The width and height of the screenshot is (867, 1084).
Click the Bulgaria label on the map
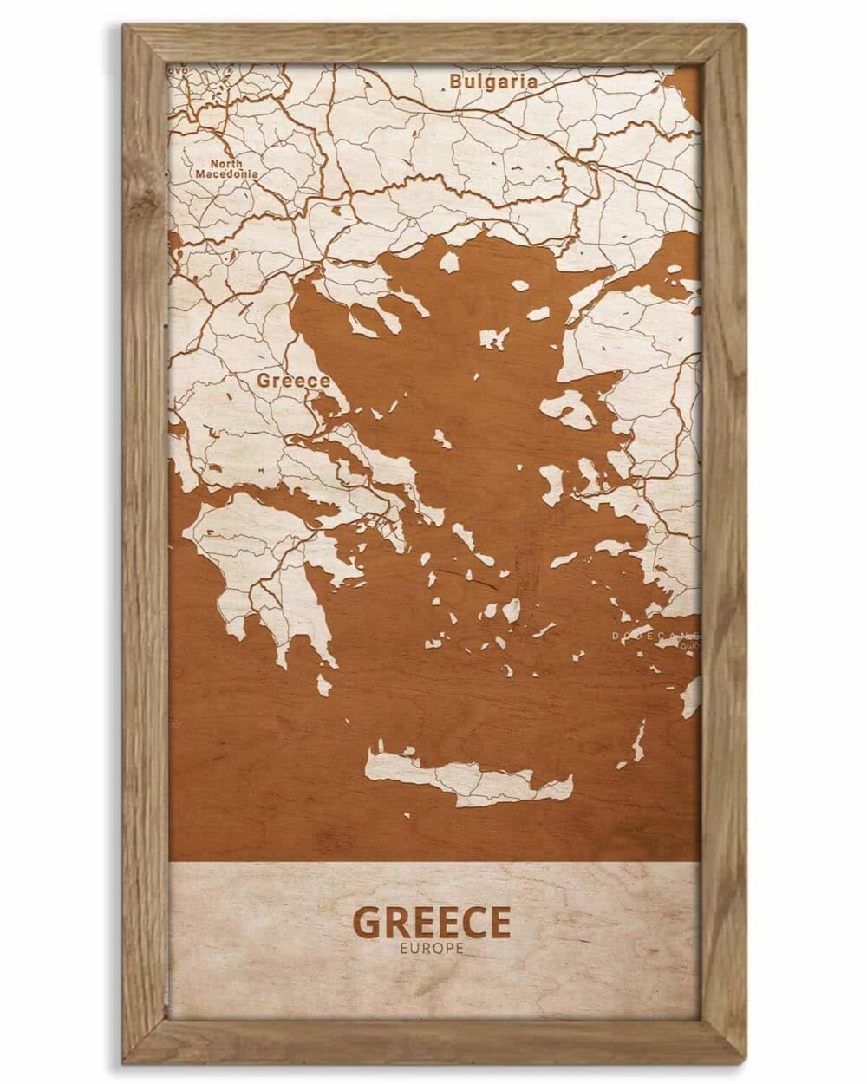(493, 82)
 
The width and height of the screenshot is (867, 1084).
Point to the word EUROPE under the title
(432, 949)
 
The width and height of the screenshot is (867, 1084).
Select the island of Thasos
(449, 262)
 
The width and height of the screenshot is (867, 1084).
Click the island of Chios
(551, 481)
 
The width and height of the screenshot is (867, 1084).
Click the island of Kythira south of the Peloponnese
(324, 685)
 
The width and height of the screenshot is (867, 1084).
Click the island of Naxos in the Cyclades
(512, 611)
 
